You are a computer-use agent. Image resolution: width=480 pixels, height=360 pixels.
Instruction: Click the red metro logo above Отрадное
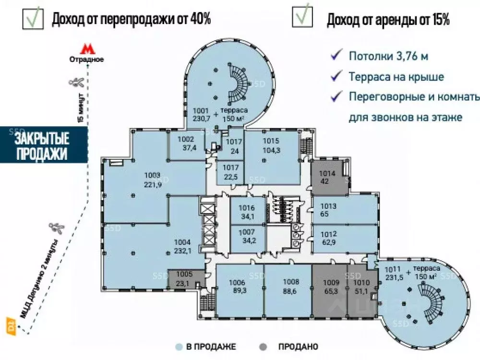(86, 49)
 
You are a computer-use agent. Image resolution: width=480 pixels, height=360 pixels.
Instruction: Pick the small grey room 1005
(184, 279)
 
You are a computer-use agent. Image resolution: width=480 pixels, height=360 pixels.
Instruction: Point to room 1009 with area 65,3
(330, 286)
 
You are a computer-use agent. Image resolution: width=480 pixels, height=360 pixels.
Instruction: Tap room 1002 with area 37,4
(185, 144)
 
